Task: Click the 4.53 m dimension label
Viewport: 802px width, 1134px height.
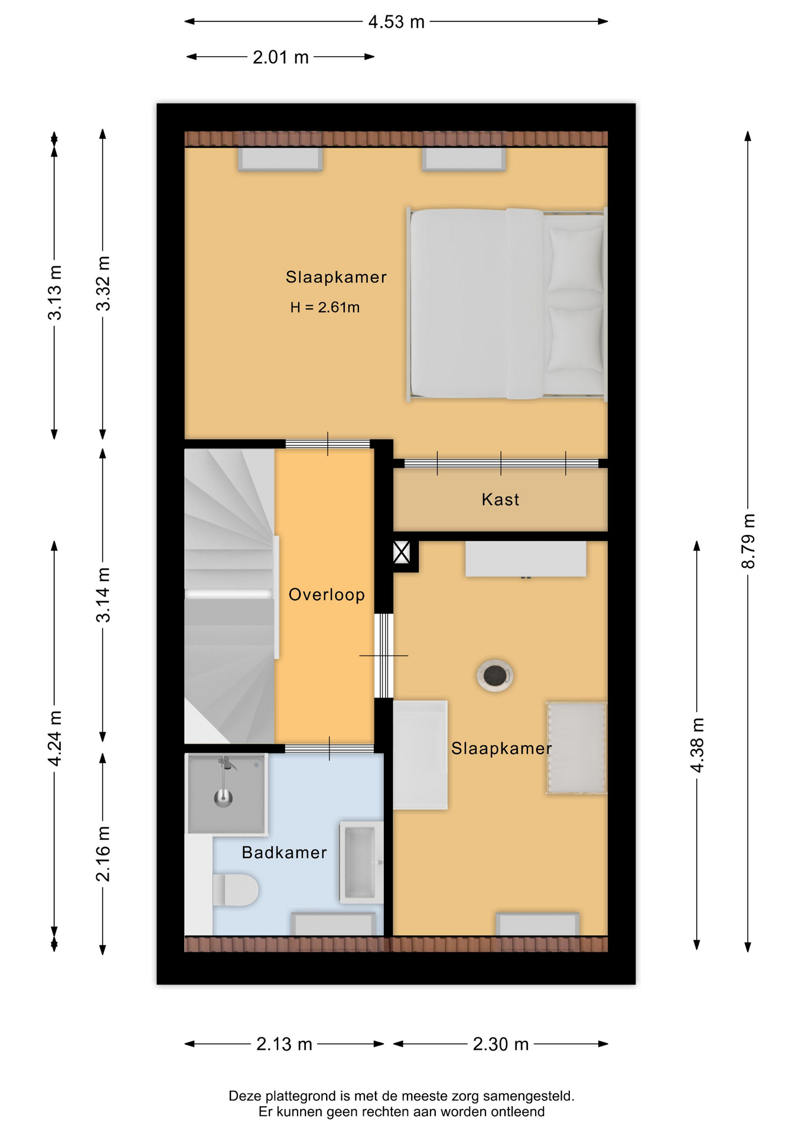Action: [x=396, y=22]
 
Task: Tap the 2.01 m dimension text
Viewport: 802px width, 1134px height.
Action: [x=281, y=57]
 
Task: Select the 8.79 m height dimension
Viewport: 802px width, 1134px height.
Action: [x=748, y=541]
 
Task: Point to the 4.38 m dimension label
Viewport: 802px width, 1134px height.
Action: [x=697, y=745]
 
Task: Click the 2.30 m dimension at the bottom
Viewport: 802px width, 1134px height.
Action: [x=500, y=1044]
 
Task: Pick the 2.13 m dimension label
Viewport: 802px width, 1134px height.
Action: [x=284, y=1044]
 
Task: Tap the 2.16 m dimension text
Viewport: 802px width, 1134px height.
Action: [x=103, y=853]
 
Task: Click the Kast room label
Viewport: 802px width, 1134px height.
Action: [x=500, y=500]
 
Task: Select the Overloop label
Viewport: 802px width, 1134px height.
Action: [x=327, y=594]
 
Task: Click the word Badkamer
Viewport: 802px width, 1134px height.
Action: [x=284, y=852]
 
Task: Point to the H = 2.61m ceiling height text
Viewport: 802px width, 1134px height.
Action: [x=325, y=307]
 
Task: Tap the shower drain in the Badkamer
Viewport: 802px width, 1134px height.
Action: [x=223, y=799]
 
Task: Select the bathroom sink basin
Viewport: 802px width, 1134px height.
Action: [x=361, y=862]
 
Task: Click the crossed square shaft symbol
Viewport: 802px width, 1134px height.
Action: [x=402, y=553]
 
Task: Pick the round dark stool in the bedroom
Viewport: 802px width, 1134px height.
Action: [x=494, y=674]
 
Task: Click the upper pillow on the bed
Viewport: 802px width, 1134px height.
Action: [x=576, y=260]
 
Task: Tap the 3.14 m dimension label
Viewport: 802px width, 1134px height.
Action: [x=103, y=595]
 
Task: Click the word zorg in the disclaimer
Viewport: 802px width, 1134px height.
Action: [x=466, y=1096]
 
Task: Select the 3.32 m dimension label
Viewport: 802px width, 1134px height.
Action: [x=103, y=283]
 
